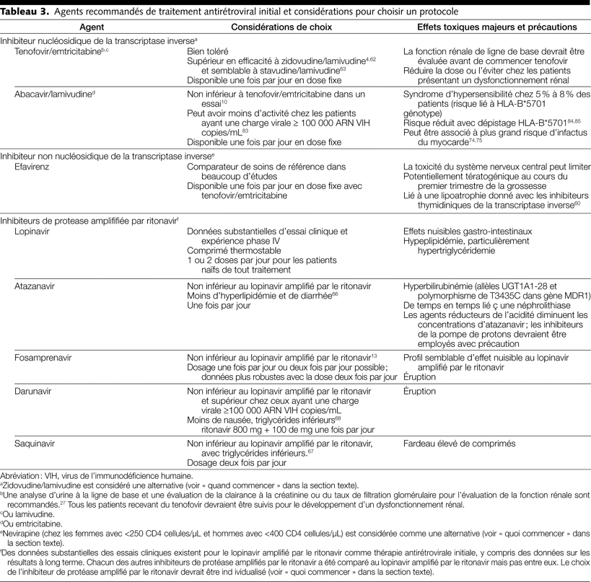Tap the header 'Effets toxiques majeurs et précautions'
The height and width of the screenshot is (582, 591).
(x=497, y=27)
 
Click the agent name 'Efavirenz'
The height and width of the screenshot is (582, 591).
(x=34, y=167)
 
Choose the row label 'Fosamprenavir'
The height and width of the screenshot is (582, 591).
(x=43, y=357)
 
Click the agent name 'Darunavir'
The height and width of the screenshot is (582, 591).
(x=35, y=392)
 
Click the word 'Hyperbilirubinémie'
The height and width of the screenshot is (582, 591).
(x=441, y=287)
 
